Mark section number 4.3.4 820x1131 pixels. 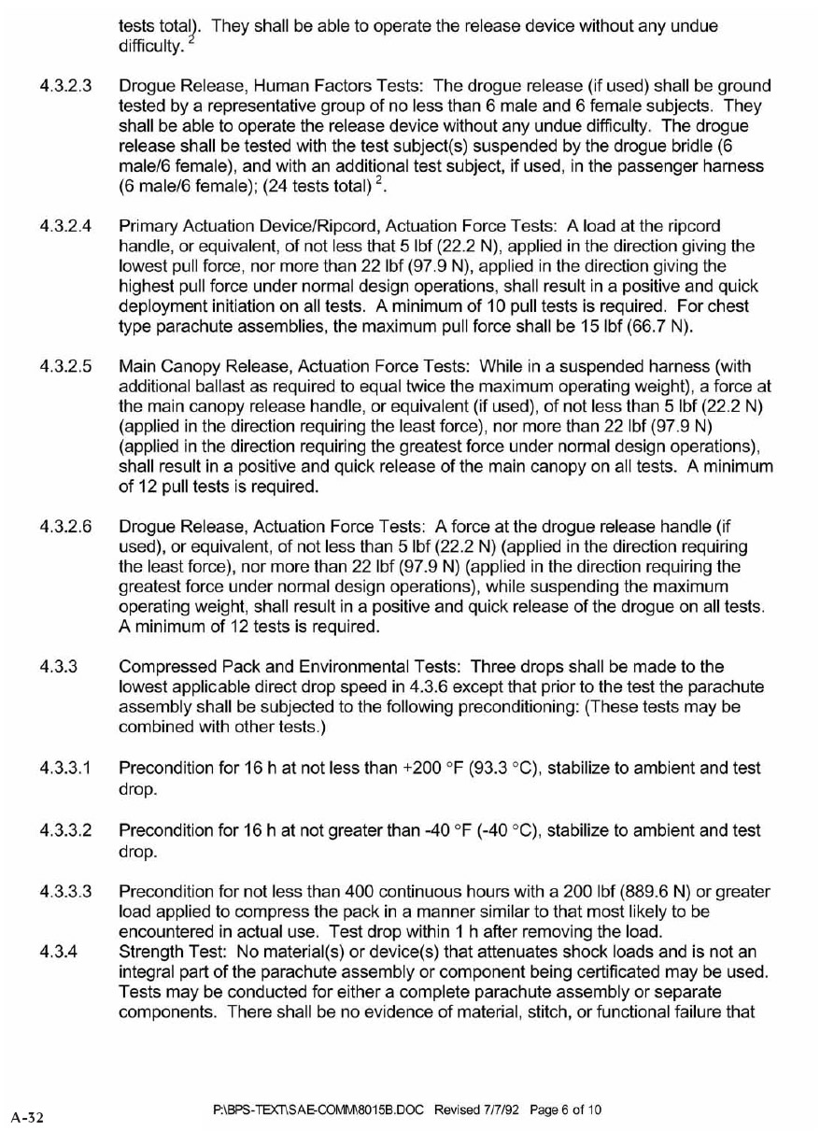coord(58,952)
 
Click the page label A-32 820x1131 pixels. coord(29,1116)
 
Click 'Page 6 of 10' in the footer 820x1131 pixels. coord(565,1110)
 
